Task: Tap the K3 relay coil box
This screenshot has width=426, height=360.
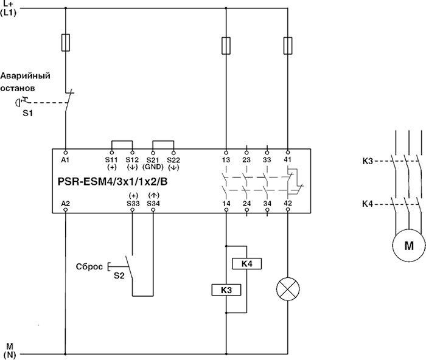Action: pyautogui.click(x=226, y=291)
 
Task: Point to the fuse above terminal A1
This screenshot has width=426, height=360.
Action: pyautogui.click(x=65, y=43)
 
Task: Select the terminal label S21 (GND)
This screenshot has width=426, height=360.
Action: pyautogui.click(x=152, y=162)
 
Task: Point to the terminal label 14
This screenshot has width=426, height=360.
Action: pyautogui.click(x=226, y=203)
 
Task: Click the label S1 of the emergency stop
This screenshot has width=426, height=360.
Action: pyautogui.click(x=28, y=113)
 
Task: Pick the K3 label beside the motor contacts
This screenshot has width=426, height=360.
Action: pyautogui.click(x=367, y=161)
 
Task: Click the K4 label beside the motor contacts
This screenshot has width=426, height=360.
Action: pyautogui.click(x=367, y=204)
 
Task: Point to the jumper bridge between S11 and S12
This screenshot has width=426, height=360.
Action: pyautogui.click(x=122, y=142)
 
